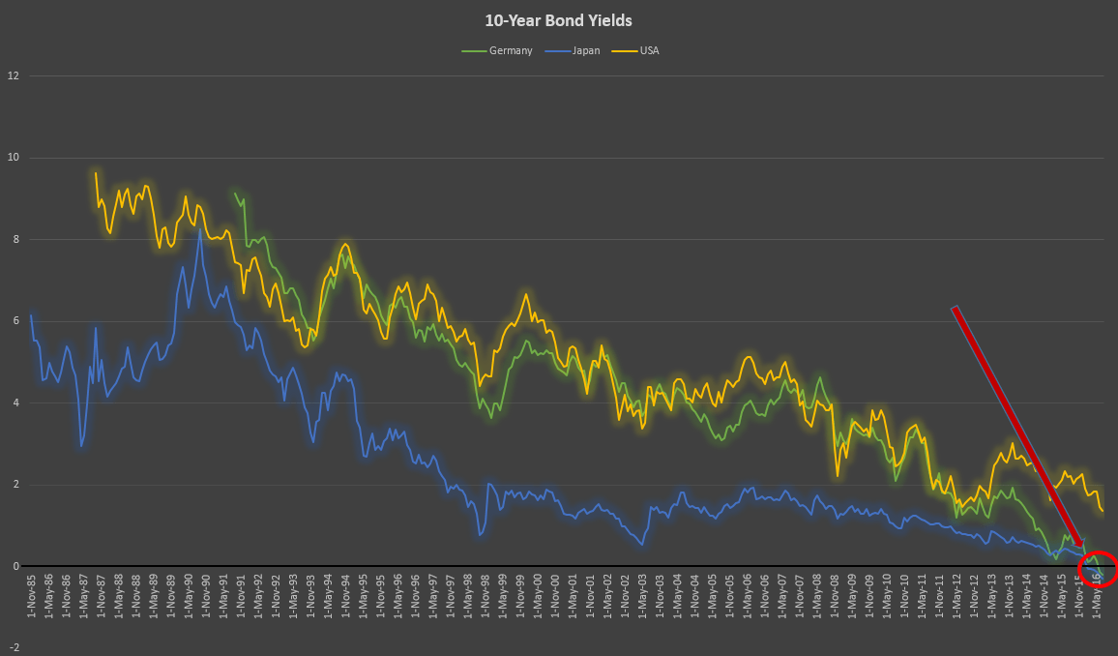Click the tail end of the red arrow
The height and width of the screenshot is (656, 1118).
click(x=955, y=308)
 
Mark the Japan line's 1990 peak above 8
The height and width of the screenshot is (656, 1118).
click(x=200, y=229)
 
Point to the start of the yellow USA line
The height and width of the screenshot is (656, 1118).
click(x=96, y=173)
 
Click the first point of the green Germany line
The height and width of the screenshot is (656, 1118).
click(x=235, y=193)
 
